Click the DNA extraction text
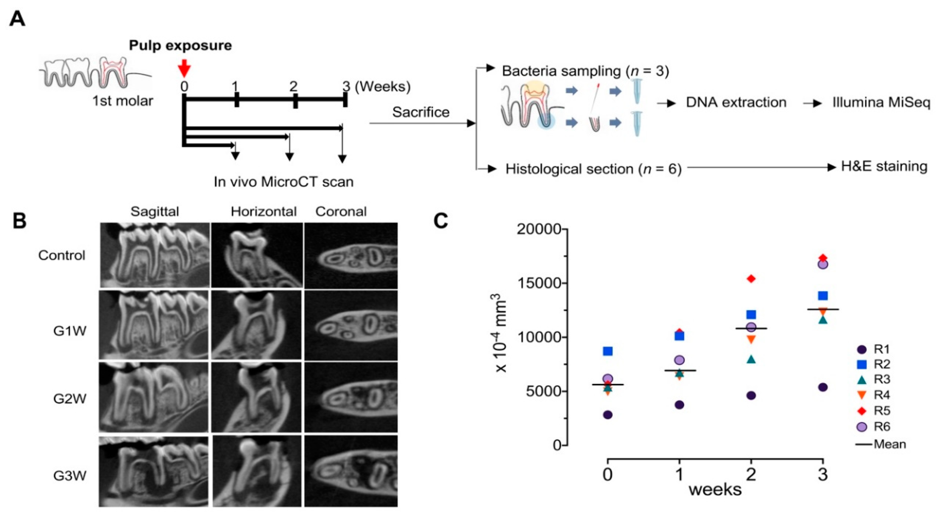pyautogui.click(x=736, y=103)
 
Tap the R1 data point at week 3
pyautogui.click(x=823, y=387)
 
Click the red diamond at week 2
pyautogui.click(x=751, y=279)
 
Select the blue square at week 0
pyautogui.click(x=608, y=351)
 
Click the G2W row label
pyautogui.click(x=70, y=399)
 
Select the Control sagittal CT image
pyautogui.click(x=155, y=255)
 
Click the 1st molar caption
pyautogui.click(x=123, y=101)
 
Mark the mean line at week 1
pyautogui.click(x=679, y=370)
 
